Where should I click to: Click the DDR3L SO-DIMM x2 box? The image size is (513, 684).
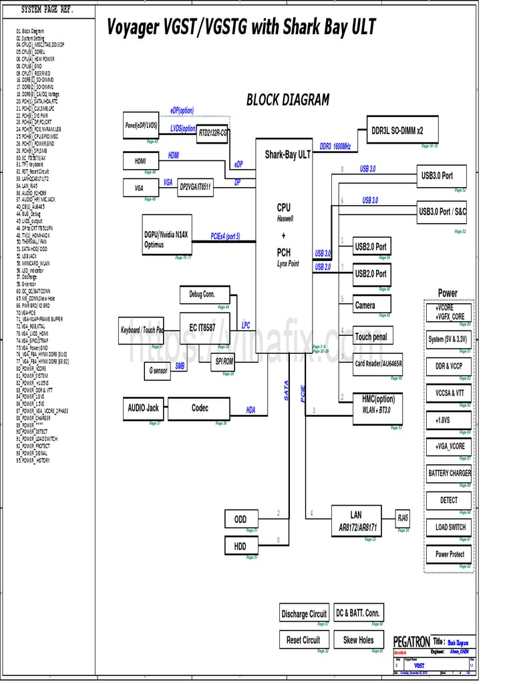tap(397, 131)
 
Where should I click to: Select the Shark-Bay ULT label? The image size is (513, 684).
tap(287, 155)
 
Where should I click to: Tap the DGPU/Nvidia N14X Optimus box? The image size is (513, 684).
tap(167, 239)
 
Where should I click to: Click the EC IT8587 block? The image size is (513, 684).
tap(202, 327)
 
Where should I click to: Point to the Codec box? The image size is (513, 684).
tap(200, 408)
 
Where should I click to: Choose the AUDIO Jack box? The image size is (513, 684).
tap(144, 408)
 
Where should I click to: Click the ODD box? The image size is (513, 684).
tap(240, 519)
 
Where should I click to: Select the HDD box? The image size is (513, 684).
tap(240, 546)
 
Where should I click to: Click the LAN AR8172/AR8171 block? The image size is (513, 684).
tap(356, 521)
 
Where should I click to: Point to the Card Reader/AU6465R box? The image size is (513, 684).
tap(378, 365)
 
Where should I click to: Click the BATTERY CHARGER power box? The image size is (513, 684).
tap(449, 473)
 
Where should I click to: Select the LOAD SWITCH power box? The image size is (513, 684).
tap(449, 527)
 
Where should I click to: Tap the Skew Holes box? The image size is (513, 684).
tap(359, 639)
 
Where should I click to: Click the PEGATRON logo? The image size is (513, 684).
tap(411, 641)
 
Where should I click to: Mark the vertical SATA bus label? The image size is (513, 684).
tap(287, 391)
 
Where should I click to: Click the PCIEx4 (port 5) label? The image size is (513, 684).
tap(225, 236)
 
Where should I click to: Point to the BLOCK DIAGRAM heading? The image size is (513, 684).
tap(288, 100)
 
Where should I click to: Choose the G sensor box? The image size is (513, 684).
tap(156, 370)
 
